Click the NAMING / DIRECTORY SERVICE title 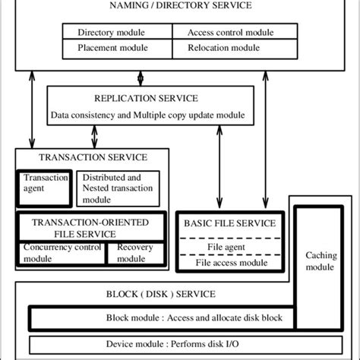click(x=180, y=6)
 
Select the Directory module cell click(x=112, y=33)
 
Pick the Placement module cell click(x=112, y=46)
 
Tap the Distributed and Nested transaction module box click(x=118, y=187)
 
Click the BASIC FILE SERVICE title click(x=226, y=225)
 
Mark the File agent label click(x=226, y=248)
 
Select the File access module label click(x=226, y=263)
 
